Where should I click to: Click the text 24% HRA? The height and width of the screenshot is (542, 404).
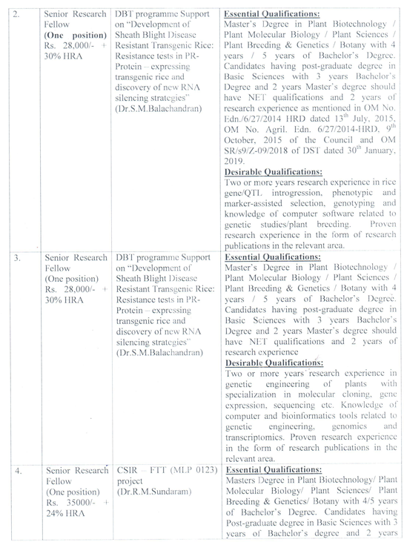coord(64,512)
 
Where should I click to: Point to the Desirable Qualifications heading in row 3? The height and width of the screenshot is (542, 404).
coord(272,366)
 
